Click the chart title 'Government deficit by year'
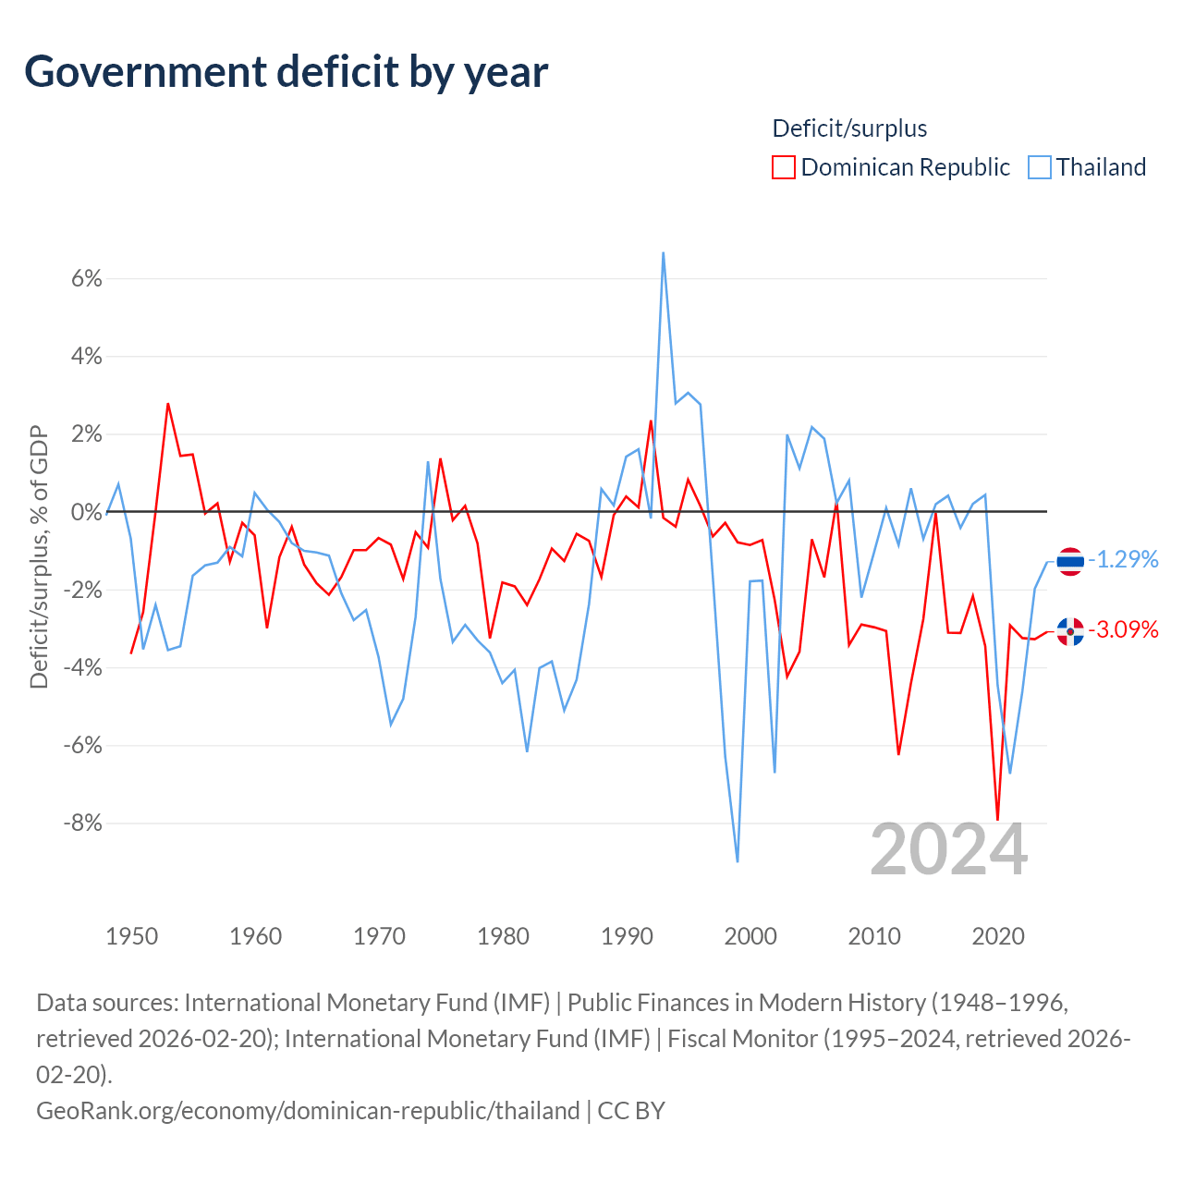coord(286,73)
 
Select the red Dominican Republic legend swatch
coord(784,167)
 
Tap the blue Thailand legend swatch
coord(1040,167)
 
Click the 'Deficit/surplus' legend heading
coord(849,128)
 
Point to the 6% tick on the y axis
coord(87,279)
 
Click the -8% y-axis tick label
coord(83,823)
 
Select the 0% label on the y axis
coord(87,512)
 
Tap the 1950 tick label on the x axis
coord(132,936)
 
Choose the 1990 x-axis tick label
coord(627,936)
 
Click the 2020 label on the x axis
coord(998,936)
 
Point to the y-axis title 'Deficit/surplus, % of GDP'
coord(39,557)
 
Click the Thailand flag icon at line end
coord(1070,561)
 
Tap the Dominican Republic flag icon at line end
coord(1070,632)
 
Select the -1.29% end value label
coord(1124,559)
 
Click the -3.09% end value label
coord(1124,630)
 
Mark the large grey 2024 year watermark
coord(948,850)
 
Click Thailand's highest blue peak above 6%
coord(663,253)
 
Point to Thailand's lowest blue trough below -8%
coord(738,861)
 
